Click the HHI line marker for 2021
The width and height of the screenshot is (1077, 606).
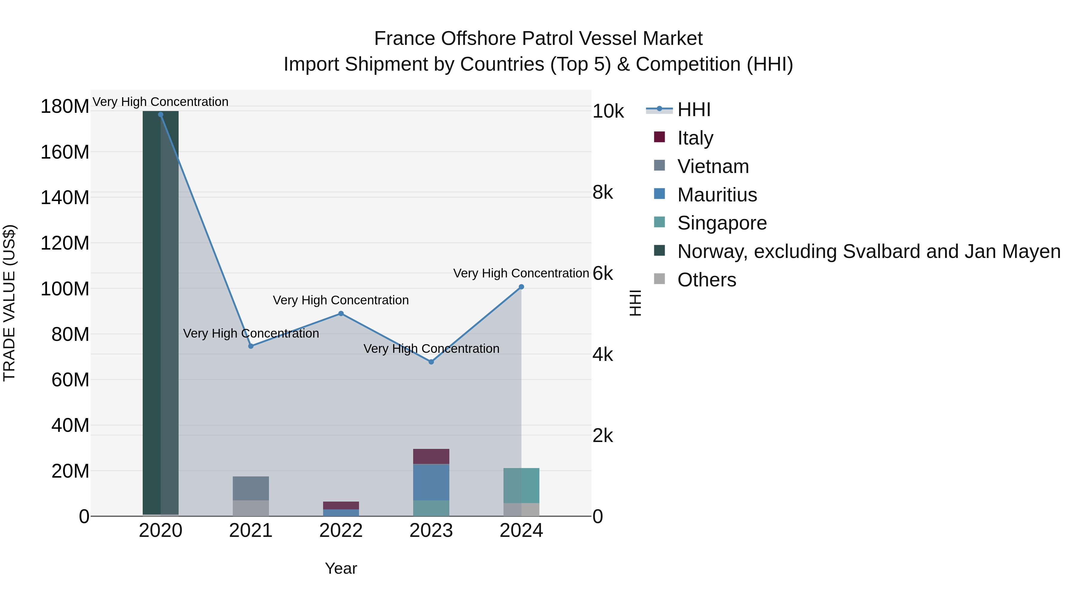[x=251, y=346]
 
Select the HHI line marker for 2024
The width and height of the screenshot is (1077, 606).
[x=521, y=287]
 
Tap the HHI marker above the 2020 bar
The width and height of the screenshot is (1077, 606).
[x=161, y=115]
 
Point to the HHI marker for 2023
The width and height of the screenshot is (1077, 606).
[x=431, y=362]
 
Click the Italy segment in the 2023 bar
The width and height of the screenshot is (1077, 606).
[x=431, y=456]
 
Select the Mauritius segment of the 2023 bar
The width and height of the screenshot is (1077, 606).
[x=431, y=482]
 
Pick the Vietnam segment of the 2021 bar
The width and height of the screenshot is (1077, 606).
[x=251, y=488]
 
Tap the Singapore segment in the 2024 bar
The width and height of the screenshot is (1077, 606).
[x=521, y=485]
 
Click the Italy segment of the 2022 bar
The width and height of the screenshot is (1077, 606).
[x=341, y=505]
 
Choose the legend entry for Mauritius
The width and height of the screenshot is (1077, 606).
[x=717, y=195]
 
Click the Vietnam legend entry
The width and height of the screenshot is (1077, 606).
[x=713, y=166]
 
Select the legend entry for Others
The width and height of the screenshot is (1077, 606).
[x=707, y=280]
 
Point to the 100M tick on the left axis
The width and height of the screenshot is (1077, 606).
[x=65, y=288]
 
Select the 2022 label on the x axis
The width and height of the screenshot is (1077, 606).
[x=341, y=531]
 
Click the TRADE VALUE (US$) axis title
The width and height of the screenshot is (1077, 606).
[x=9, y=303]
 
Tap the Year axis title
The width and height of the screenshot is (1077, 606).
[x=341, y=568]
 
